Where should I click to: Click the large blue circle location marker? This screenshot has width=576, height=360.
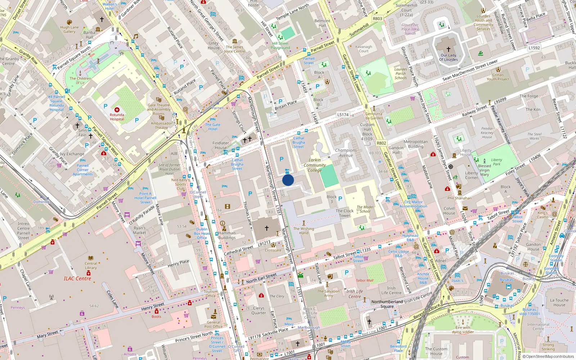(x=288, y=180)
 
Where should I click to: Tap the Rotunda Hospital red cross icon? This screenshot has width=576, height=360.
(x=117, y=109)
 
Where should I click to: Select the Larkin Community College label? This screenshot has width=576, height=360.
(x=315, y=165)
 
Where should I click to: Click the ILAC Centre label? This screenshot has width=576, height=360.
(x=77, y=278)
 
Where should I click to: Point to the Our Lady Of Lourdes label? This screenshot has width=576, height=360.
(x=448, y=58)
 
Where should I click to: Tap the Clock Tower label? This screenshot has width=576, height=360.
(x=345, y=213)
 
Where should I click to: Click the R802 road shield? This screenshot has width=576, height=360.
(x=381, y=143)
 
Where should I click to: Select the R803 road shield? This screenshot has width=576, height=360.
(x=377, y=19)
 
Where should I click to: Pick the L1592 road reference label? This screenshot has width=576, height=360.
(x=534, y=48)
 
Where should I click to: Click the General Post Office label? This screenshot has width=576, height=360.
(x=213, y=324)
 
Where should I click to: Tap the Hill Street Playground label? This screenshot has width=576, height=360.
(x=280, y=45)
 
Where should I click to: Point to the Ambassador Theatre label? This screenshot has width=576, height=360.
(x=162, y=125)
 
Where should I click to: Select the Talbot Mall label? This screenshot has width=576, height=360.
(x=364, y=280)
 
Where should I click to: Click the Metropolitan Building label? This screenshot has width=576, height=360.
(x=416, y=144)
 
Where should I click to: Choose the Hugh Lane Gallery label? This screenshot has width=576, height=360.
(x=69, y=29)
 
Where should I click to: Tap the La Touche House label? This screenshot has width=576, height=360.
(x=559, y=302)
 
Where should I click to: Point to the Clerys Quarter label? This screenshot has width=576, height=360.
(x=258, y=310)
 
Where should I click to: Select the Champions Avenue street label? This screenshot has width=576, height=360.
(x=346, y=153)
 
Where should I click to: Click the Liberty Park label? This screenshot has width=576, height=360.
(x=496, y=162)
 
